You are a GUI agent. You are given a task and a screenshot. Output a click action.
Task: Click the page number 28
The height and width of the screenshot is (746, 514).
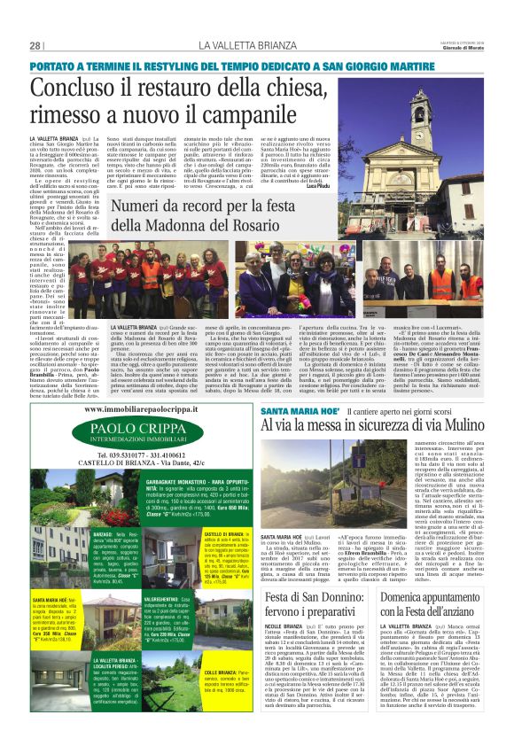pyautogui.click(x=36, y=46)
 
